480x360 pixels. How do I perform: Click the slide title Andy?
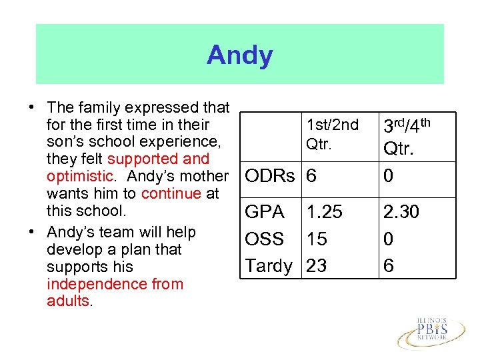pyautogui.click(x=239, y=55)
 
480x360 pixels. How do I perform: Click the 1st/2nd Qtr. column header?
pyautogui.click(x=331, y=133)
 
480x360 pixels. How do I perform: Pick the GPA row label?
pyautogui.click(x=264, y=212)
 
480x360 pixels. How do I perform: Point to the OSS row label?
pyautogui.click(x=265, y=239)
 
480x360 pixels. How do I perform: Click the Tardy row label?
pyautogui.click(x=269, y=266)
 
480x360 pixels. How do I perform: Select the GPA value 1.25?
pyautogui.click(x=324, y=212)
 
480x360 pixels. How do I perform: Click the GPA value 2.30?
pyautogui.click(x=400, y=212)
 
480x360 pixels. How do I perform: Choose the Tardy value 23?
pyautogui.click(x=317, y=266)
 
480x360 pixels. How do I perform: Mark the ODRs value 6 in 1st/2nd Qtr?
pyautogui.click(x=311, y=176)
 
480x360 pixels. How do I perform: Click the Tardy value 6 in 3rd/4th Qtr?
pyautogui.click(x=388, y=266)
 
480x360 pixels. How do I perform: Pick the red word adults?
pyautogui.click(x=67, y=301)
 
